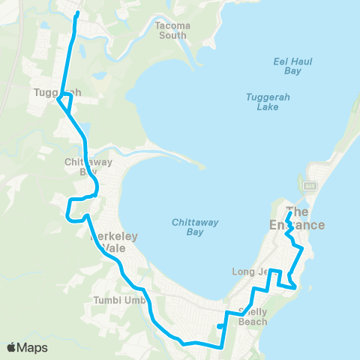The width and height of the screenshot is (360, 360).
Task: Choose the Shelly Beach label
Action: pyautogui.click(x=252, y=316)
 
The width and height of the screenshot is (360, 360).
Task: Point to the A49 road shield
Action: pyautogui.click(x=309, y=184)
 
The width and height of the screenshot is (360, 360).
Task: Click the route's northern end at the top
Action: pyautogui.click(x=76, y=13)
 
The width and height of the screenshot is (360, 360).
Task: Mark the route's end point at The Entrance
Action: pyautogui.click(x=289, y=200)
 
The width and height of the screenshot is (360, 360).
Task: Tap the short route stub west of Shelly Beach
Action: pyautogui.click(x=218, y=326)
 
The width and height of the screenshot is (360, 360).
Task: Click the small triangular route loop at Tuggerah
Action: pyautogui.click(x=65, y=104)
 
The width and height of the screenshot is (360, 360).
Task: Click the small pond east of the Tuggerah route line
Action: pyautogui.click(x=99, y=75)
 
